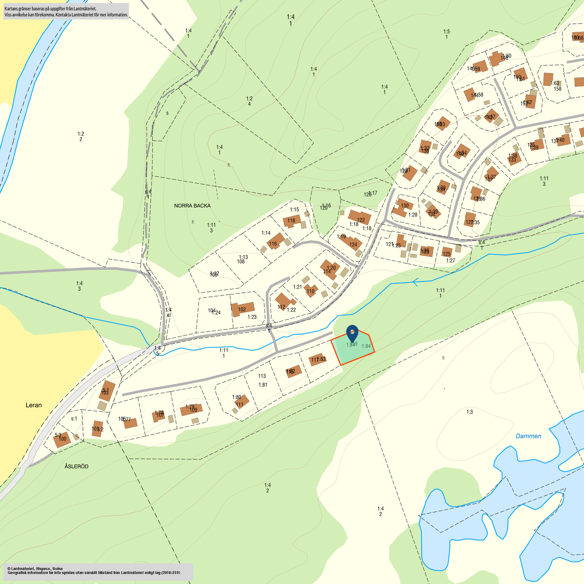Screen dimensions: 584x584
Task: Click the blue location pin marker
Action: (352, 333)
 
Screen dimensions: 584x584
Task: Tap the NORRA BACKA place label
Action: (192, 206)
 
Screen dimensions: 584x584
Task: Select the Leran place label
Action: (34, 405)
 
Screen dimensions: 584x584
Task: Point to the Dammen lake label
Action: (528, 436)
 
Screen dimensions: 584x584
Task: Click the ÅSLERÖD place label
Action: (76, 466)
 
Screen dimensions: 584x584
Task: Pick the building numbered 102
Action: (243, 309)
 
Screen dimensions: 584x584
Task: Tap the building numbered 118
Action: (292, 221)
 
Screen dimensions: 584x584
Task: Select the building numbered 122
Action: (360, 218)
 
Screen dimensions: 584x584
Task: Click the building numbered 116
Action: (276, 241)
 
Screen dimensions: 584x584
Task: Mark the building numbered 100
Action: (61, 439)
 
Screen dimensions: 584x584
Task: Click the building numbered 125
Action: (447, 252)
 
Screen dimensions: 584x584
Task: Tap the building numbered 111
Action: (241, 402)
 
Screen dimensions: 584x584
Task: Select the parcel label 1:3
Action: (469, 412)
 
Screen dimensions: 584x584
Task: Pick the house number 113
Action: (262, 376)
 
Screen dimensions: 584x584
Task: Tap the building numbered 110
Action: (310, 291)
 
